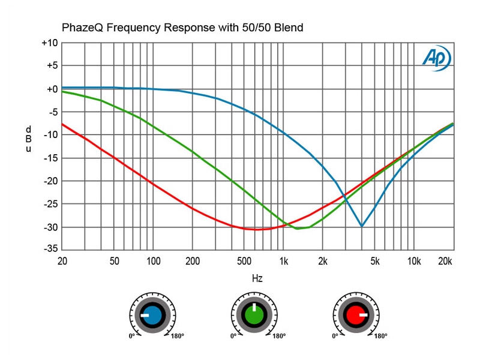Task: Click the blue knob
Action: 152,314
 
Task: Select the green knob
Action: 254,314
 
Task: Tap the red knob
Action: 355,314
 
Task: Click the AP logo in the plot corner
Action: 436,58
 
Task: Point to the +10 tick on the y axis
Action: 49,43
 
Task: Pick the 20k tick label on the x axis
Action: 445,261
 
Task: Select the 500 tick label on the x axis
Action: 244,261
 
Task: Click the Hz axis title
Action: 257,278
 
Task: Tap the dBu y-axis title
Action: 28,139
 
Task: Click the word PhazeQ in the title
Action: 82,28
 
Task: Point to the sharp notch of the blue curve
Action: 361,226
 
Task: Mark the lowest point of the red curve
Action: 257,229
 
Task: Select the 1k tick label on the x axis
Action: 284,261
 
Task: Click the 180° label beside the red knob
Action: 380,336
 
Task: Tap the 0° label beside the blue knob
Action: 131,336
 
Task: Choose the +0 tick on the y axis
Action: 49,89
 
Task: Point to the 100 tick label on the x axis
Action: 153,261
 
